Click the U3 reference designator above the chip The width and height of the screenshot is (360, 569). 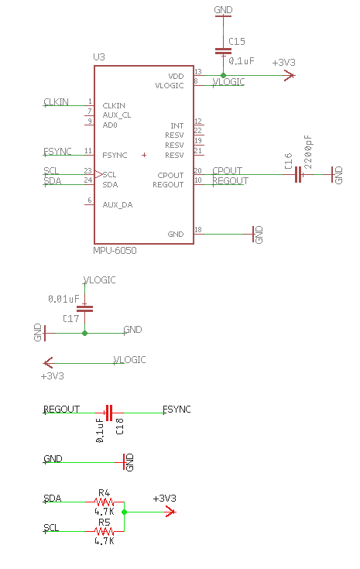[x=99, y=57]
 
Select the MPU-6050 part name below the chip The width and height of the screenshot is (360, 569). [x=115, y=250]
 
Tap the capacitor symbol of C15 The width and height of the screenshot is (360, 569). [x=223, y=51]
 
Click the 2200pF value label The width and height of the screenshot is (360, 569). [x=308, y=152]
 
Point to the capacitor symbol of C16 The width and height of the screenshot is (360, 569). [x=298, y=174]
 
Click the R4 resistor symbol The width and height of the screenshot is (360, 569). [x=105, y=502]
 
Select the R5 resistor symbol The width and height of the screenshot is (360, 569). [x=105, y=532]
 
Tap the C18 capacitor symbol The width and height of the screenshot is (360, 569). [x=109, y=413]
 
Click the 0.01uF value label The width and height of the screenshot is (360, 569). [x=63, y=299]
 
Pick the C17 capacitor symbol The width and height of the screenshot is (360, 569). [x=84, y=309]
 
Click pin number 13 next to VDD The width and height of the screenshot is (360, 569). [x=198, y=72]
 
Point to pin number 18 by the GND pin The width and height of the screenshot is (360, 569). [x=198, y=230]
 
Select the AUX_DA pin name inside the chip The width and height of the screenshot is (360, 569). [x=118, y=205]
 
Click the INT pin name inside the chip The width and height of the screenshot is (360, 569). [x=177, y=126]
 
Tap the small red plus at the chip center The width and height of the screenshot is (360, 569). [x=144, y=155]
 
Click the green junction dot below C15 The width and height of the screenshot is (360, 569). [x=223, y=76]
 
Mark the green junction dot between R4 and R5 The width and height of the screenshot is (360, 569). [x=124, y=512]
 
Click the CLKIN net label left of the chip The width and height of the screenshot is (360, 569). [x=56, y=102]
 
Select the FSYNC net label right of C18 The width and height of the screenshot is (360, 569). [x=177, y=410]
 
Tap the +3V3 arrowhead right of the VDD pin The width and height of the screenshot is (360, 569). [x=290, y=76]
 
